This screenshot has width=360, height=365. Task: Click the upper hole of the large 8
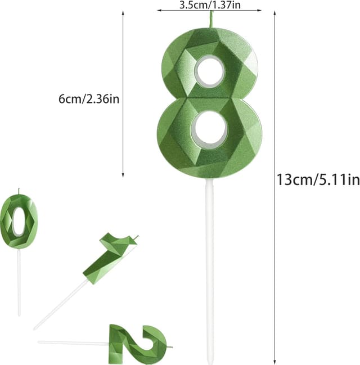point(210,73)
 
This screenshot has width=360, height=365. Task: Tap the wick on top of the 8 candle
point(213,17)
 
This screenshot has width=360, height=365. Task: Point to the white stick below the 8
point(209,270)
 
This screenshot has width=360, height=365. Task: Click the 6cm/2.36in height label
point(88,99)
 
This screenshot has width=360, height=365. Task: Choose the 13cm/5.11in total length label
point(317,180)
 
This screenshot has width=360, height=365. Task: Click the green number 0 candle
point(19,221)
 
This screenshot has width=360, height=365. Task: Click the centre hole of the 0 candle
point(19,220)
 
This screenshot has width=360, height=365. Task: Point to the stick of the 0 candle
point(19,281)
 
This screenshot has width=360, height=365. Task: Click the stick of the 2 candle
point(73,342)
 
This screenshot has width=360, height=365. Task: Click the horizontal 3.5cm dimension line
point(209,10)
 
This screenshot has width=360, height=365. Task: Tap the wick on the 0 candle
point(19,191)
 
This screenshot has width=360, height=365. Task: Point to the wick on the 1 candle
point(136,237)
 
